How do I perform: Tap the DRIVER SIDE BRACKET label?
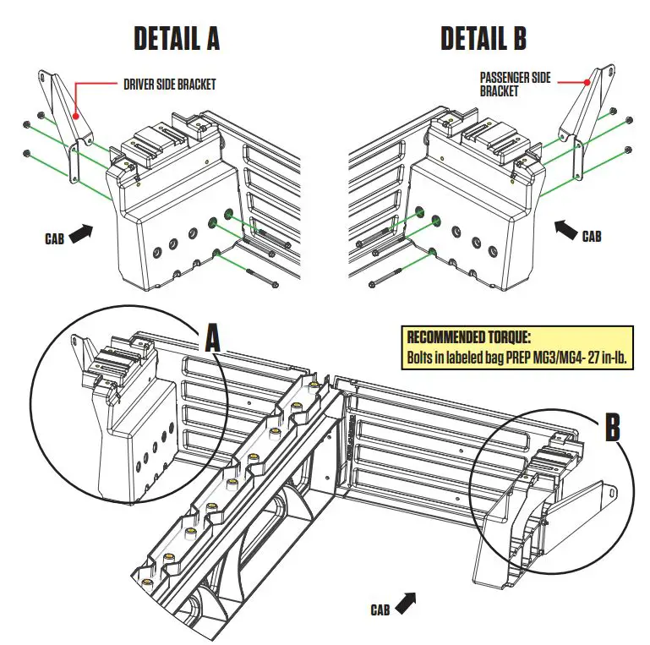[169, 84]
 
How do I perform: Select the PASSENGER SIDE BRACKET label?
[515, 84]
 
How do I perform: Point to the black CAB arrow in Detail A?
[79, 233]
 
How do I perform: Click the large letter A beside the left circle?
[212, 339]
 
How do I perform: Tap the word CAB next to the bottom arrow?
[380, 609]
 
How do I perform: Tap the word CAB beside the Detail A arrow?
[55, 239]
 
